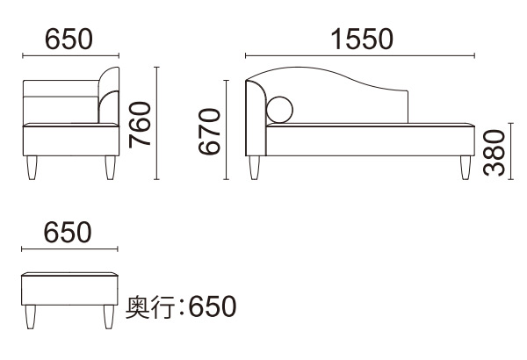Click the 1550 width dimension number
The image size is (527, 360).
(362, 39)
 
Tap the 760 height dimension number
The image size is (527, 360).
(141, 125)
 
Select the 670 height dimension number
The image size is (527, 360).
(209, 132)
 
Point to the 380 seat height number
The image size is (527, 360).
(494, 153)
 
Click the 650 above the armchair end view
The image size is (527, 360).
(69, 39)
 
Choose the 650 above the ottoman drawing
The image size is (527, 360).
(68, 233)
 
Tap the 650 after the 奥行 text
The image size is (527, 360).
(213, 306)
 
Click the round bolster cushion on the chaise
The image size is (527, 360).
(279, 110)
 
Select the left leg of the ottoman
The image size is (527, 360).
(31, 317)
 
